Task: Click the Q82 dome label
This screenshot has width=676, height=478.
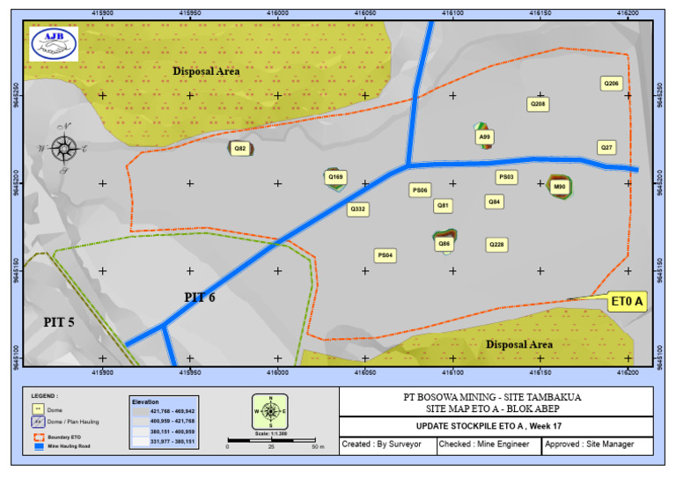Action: (240, 149)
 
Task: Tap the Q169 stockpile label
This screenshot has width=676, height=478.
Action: (335, 177)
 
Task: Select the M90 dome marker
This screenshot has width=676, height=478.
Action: (559, 187)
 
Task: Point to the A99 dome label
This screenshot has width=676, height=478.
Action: (485, 137)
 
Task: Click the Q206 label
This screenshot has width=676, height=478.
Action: (611, 84)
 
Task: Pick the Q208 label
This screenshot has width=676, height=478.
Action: (538, 104)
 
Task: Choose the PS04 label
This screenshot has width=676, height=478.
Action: (386, 255)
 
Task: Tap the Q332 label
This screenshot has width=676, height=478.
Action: (358, 210)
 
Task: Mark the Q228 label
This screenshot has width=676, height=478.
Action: (496, 244)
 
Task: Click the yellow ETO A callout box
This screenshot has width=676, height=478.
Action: (628, 302)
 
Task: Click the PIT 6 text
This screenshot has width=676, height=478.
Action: (200, 298)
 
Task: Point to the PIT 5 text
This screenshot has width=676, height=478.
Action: (59, 322)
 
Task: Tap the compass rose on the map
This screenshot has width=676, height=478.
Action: (63, 148)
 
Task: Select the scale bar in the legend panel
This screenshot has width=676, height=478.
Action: (272, 439)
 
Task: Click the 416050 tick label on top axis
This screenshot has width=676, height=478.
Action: (365, 13)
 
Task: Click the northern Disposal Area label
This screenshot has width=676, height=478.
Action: (206, 71)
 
